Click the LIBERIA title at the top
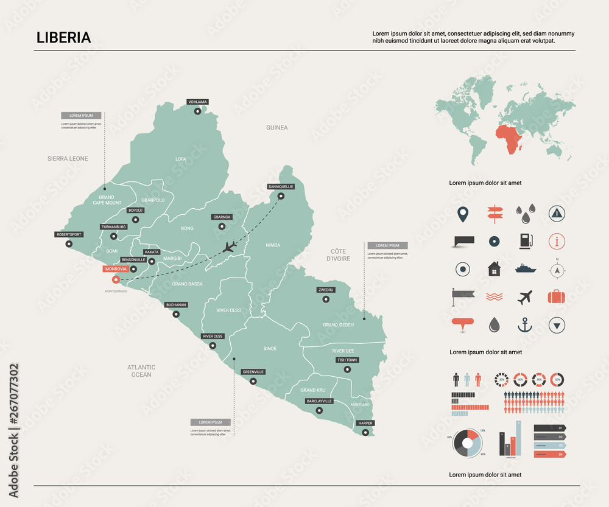click(x=63, y=37)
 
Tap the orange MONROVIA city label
click(x=116, y=268)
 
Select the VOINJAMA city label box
click(x=197, y=102)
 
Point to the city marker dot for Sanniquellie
click(x=281, y=196)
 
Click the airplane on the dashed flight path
click(x=230, y=247)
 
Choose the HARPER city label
click(x=365, y=422)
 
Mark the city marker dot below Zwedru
click(x=325, y=299)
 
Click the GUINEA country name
click(x=276, y=128)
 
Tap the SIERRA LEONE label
click(x=68, y=159)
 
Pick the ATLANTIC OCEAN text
click(x=141, y=371)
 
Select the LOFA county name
click(x=181, y=159)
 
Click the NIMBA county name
click(x=273, y=245)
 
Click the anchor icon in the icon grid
click(x=524, y=325)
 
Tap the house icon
click(x=493, y=268)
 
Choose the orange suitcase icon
click(x=557, y=296)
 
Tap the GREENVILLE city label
click(x=253, y=371)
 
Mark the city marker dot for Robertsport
click(x=69, y=244)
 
